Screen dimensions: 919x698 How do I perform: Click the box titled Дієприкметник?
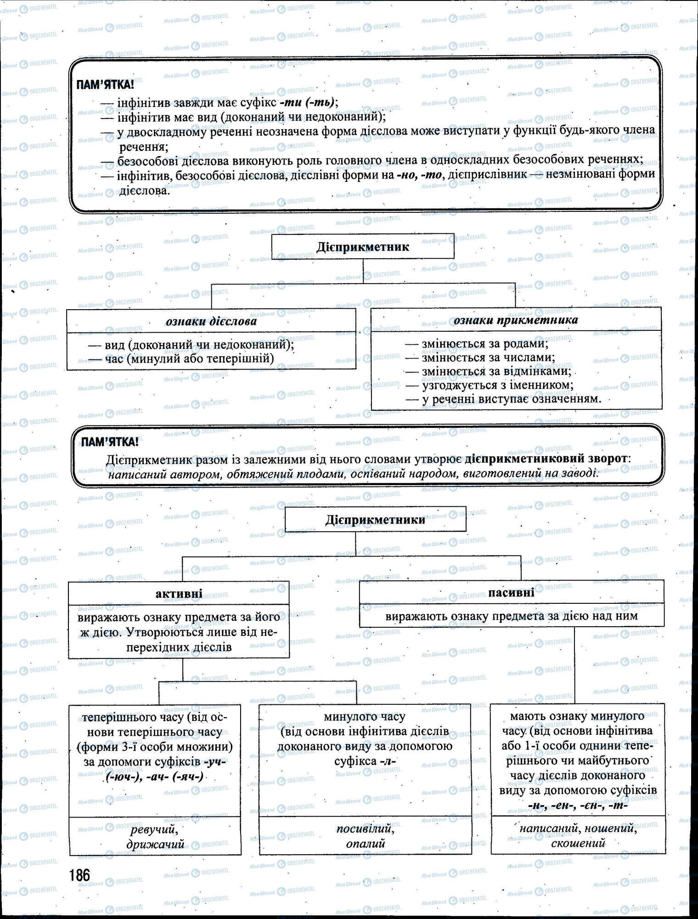[x=362, y=247]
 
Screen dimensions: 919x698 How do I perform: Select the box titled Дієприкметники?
[x=375, y=520]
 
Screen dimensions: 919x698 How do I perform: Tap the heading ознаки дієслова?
[x=211, y=321]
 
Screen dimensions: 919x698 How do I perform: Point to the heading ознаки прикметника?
[x=516, y=320]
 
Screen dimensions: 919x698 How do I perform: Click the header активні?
[x=179, y=594]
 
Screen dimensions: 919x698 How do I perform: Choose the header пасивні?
[x=511, y=592]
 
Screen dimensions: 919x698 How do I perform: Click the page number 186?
[x=80, y=875]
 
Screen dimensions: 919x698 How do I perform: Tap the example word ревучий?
[x=154, y=829]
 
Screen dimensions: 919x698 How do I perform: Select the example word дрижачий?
[x=155, y=844]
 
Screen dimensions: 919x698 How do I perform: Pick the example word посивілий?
[x=365, y=829]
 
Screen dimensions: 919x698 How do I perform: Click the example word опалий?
[x=366, y=844]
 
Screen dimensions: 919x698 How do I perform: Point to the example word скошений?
[x=578, y=843]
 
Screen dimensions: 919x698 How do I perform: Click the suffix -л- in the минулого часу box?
[x=388, y=761]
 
